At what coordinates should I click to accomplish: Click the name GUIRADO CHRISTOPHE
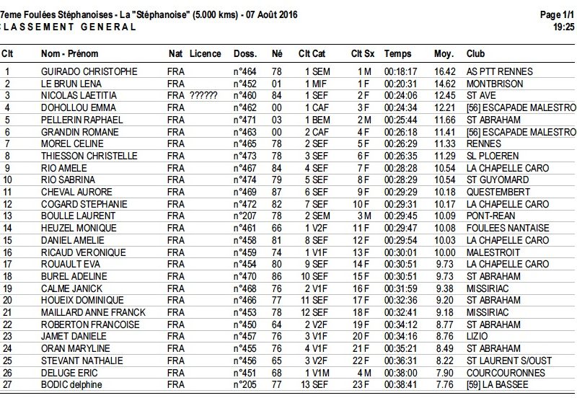pos(89,71)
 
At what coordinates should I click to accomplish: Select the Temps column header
pos(397,54)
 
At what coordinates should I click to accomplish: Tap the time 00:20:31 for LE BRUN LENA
pos(400,84)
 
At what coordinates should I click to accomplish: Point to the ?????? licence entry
pos(203,96)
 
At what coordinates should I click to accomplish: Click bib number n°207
pos(245,216)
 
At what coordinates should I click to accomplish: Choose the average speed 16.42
pos(445,71)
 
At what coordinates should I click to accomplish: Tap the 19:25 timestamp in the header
pos(563,27)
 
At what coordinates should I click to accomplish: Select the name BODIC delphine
pos(72,385)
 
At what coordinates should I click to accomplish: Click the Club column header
pos(476,54)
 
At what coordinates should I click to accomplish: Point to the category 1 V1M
pos(317,373)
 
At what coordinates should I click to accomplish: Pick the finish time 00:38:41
pos(400,385)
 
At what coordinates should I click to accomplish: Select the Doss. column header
pos(245,54)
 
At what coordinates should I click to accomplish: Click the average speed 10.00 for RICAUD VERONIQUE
pos(445,252)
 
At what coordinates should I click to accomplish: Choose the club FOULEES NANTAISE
pos(508,228)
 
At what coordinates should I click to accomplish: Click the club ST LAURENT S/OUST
pos(508,361)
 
